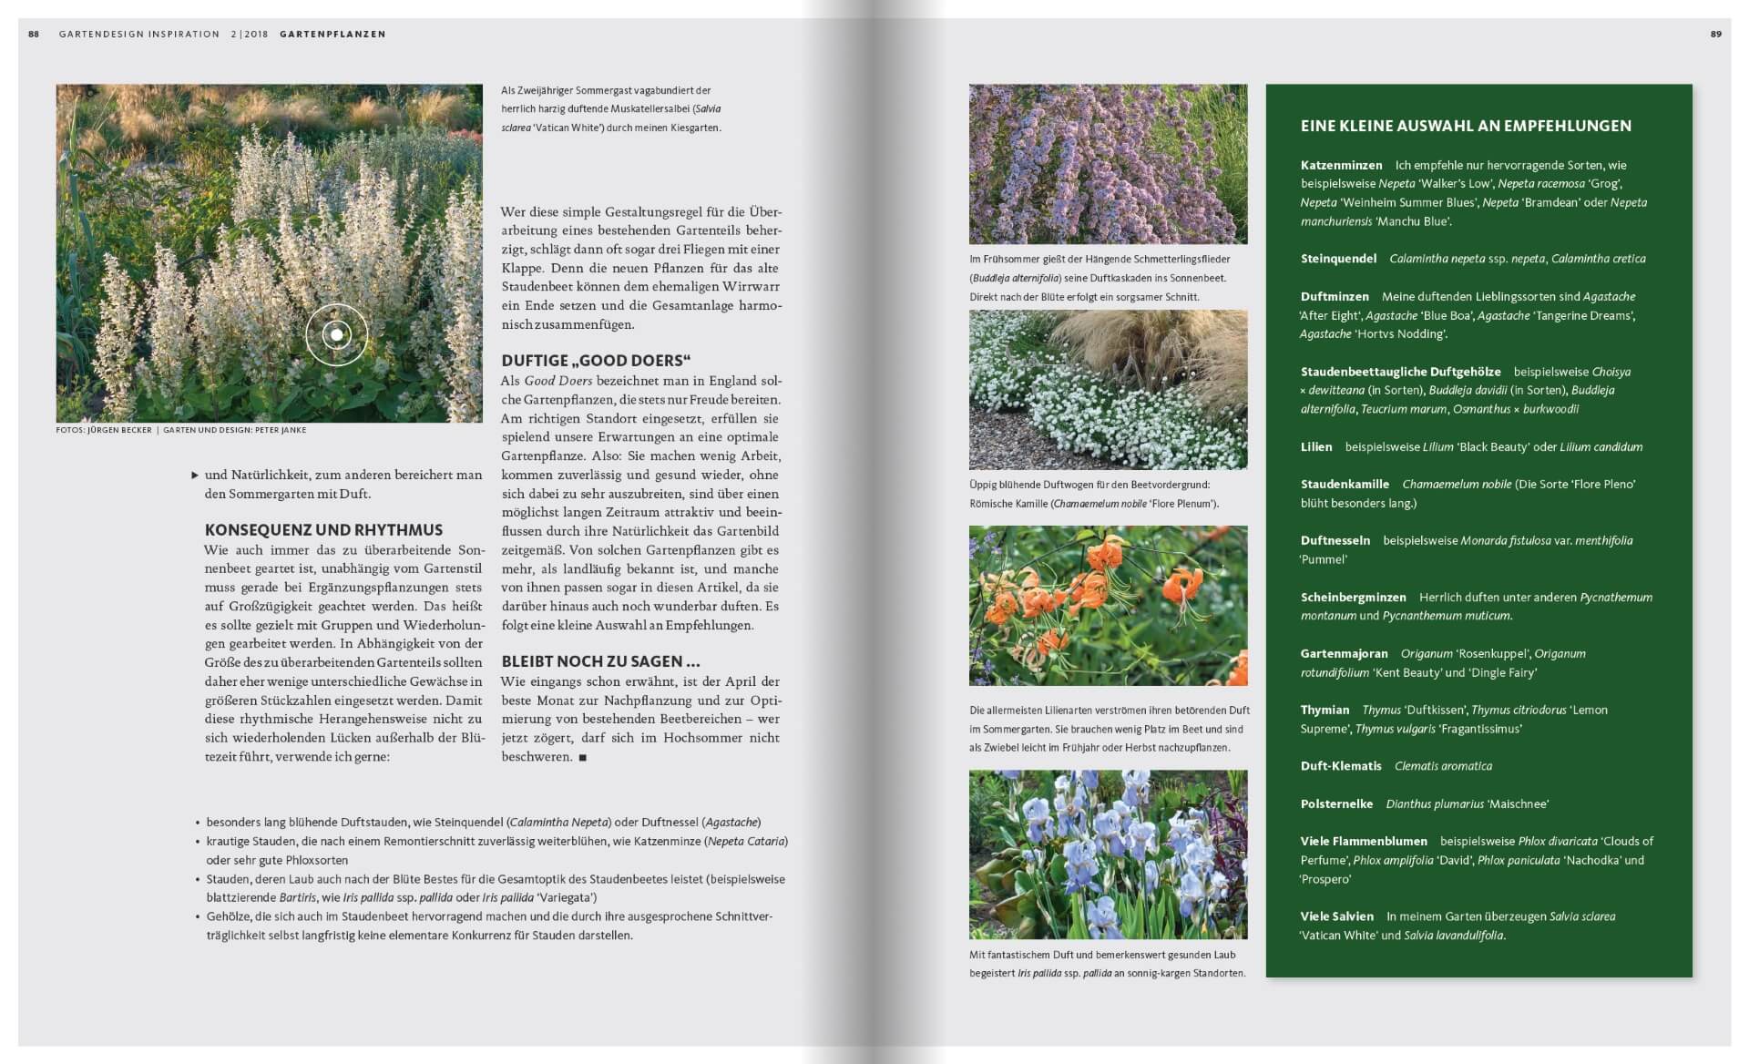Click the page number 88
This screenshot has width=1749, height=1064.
pos(34,35)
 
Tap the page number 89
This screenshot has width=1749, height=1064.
pos(1716,35)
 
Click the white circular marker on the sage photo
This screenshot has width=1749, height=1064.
pos(336,334)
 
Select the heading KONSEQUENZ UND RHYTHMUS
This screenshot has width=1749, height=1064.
pos(323,530)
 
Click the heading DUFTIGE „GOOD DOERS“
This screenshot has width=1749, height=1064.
pos(596,361)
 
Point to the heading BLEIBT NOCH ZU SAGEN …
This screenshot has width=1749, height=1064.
pos(600,661)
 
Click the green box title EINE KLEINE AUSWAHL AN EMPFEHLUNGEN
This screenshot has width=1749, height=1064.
pos(1466,127)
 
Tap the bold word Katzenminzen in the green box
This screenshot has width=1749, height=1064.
pos(1341,166)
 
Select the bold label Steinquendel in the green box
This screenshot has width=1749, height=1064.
pos(1338,259)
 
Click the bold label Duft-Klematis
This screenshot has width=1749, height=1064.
pos(1341,766)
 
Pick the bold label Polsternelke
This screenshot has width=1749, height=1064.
pos(1336,804)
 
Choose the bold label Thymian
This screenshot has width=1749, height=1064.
pos(1325,710)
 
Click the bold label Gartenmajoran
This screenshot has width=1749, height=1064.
pos(1344,653)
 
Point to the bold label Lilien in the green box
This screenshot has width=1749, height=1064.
pos(1316,447)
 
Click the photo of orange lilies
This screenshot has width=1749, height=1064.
pos(1108,606)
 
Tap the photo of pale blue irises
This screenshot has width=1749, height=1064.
pos(1108,854)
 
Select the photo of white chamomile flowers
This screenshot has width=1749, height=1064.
pos(1108,390)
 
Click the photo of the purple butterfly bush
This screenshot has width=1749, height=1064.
pos(1108,164)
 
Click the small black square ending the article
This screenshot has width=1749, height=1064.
pos(583,757)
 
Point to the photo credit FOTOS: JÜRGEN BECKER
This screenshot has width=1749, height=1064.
pos(104,430)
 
